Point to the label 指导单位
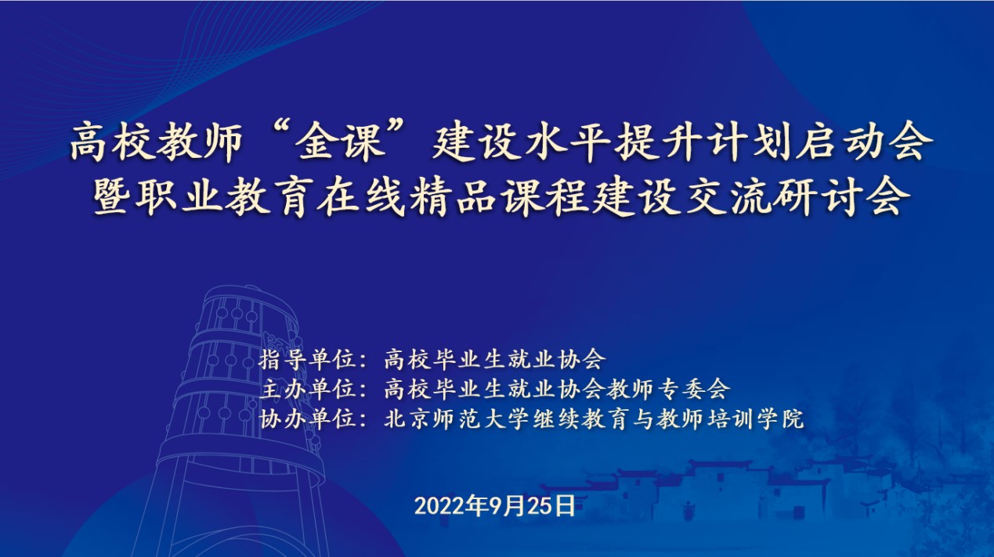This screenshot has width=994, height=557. tap(308, 359)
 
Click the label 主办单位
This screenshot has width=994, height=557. tap(308, 389)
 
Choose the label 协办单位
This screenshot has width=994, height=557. tap(308, 419)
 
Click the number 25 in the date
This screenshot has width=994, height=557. tap(539, 506)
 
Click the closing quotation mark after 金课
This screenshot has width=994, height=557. tap(399, 133)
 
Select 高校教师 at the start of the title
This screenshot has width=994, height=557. tap(156, 142)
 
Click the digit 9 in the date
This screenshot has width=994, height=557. tap(496, 506)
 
